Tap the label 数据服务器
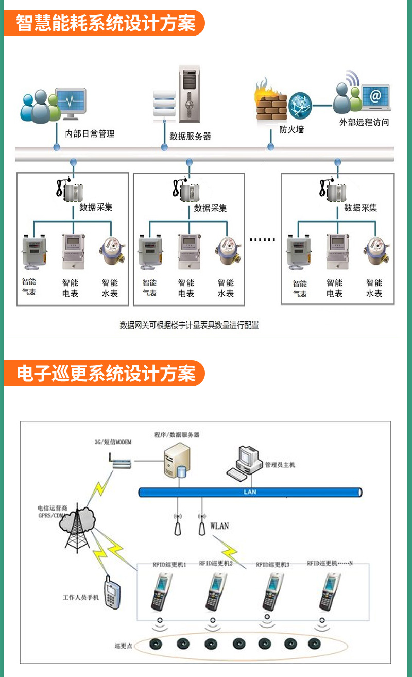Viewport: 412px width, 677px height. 190,137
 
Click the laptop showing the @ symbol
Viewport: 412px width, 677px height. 375,97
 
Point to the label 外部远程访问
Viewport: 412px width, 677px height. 364,123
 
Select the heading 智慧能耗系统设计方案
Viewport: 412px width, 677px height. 105,23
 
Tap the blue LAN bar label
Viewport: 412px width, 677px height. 250,492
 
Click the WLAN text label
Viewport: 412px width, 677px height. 219,526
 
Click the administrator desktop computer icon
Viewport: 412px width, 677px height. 246,461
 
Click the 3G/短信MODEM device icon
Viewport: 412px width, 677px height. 119,462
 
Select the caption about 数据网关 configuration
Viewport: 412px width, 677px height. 190,325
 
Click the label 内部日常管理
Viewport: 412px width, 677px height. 90,134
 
